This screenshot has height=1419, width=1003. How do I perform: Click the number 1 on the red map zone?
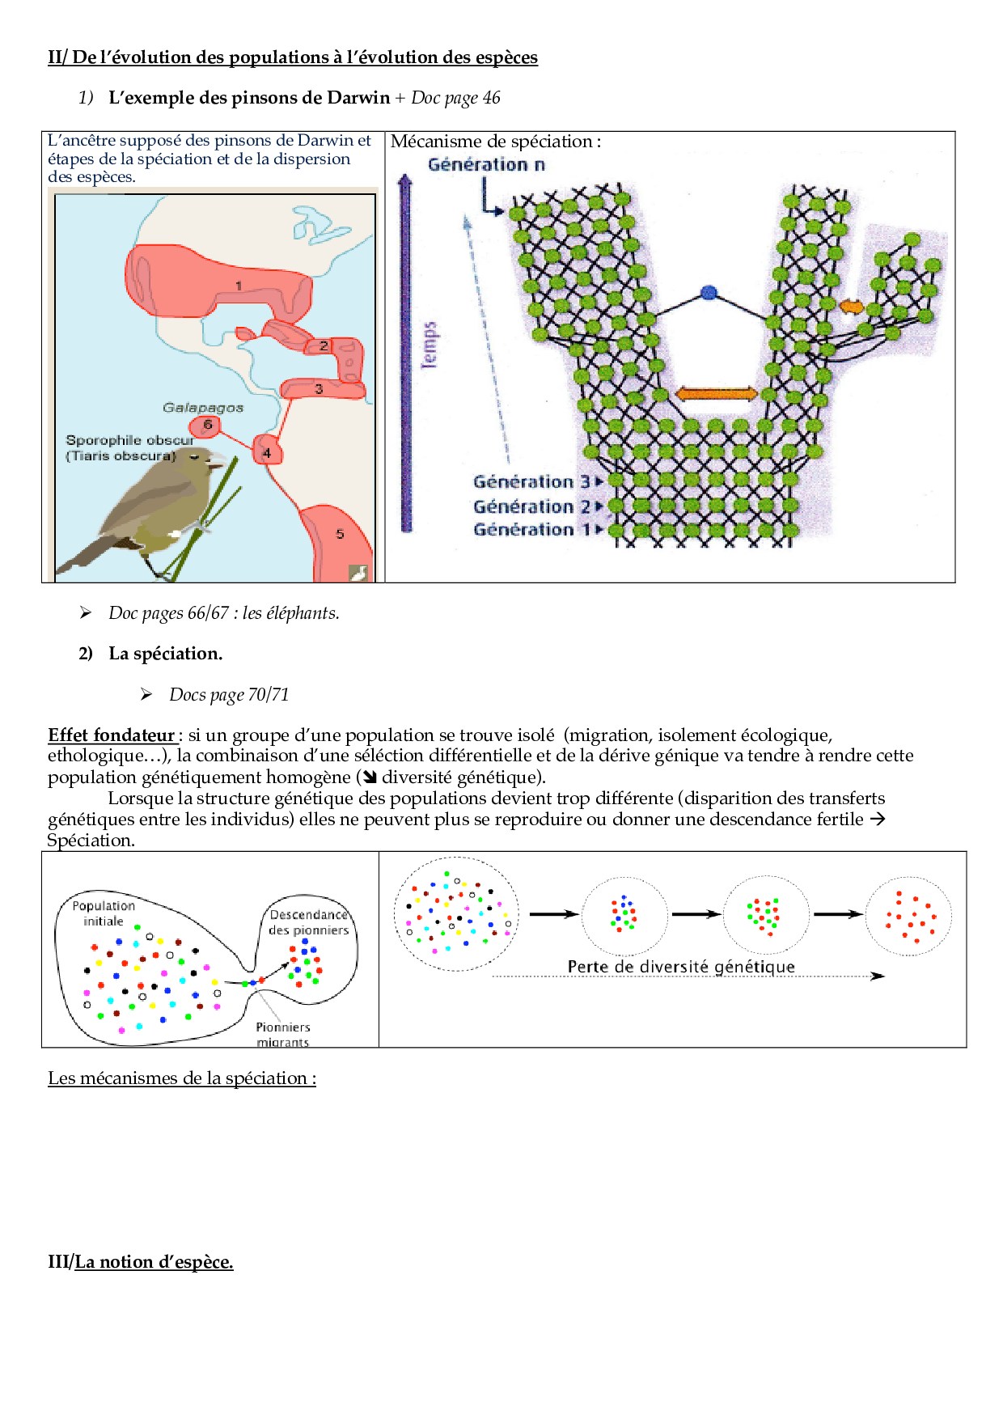239,286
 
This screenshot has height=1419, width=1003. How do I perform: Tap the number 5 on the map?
340,534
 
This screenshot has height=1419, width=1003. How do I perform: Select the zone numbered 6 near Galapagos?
207,426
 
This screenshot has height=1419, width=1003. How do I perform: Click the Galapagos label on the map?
203,408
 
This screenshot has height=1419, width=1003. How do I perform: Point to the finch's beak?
217,462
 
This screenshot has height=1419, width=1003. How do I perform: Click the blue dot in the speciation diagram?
709,293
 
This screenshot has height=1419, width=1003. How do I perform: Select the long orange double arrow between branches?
716,394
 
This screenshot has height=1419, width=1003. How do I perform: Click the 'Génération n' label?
486,165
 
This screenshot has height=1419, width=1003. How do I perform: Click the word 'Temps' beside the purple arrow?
430,345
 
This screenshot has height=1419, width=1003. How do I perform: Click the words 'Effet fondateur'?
112,735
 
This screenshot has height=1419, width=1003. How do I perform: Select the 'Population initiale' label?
104,913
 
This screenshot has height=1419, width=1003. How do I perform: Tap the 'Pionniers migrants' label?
283,1034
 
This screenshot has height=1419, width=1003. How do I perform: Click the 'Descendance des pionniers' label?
309,922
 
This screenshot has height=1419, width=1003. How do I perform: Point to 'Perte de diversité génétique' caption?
681,967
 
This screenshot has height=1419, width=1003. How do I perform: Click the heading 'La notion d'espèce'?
154,1262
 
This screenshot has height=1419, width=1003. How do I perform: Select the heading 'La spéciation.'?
165,654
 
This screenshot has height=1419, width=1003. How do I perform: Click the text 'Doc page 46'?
455,98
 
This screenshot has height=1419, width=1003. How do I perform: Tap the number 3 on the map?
319,389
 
